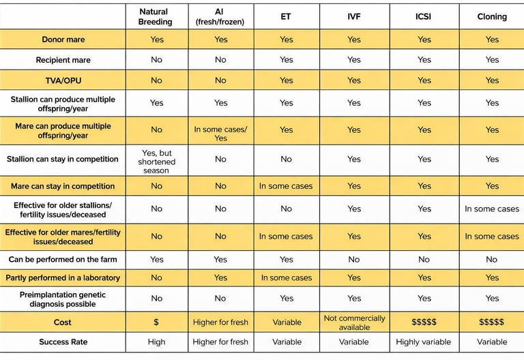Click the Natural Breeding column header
tap(156, 17)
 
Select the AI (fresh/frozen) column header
tap(220, 17)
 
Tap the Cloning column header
tap(492, 16)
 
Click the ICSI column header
tap(424, 16)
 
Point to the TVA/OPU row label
tap(63, 80)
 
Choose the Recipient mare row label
tap(63, 60)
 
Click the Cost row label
tap(63, 322)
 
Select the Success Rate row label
tap(63, 342)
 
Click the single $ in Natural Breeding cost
tap(156, 322)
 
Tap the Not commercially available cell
tap(354, 322)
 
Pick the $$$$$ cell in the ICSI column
tap(424, 322)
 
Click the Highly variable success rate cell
tap(424, 342)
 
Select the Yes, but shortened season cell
tap(156, 162)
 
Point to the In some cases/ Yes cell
tap(220, 133)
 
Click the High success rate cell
tap(156, 342)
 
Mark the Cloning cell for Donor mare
tap(492, 40)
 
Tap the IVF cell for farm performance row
tap(354, 260)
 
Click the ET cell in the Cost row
tap(287, 322)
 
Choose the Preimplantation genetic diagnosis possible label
tap(63, 299)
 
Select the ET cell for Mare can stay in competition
tap(287, 186)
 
